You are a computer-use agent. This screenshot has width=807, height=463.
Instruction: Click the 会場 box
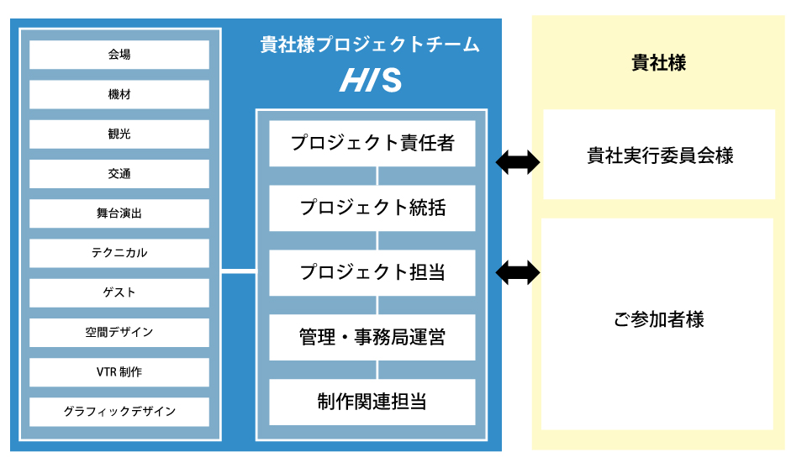(119, 55)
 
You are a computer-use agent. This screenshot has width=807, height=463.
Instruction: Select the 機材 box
(119, 94)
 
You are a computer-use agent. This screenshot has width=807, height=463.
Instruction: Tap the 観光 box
(119, 134)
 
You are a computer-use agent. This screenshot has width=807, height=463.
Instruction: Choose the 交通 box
(119, 174)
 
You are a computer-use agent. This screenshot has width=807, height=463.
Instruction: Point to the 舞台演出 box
(119, 213)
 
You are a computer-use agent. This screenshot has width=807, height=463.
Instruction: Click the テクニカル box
(119, 253)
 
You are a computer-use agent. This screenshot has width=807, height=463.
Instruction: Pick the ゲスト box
(119, 292)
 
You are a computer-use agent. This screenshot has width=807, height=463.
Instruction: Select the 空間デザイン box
(119, 332)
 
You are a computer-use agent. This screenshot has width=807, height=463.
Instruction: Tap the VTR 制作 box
(119, 372)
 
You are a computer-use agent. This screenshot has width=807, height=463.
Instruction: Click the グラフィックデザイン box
(119, 412)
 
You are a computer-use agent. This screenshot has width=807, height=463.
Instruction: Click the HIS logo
(371, 82)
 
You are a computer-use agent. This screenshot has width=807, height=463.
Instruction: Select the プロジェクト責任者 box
(372, 144)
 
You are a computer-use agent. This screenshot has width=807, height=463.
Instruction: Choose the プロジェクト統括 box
(372, 208)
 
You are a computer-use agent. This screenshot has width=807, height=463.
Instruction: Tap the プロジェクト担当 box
(372, 273)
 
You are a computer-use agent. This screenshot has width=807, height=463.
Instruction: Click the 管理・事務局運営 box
(372, 338)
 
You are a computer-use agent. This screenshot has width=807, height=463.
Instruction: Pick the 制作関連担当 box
(372, 402)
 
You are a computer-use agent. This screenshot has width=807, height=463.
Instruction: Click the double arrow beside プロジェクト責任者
(518, 162)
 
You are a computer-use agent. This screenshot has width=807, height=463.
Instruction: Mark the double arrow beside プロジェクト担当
(518, 271)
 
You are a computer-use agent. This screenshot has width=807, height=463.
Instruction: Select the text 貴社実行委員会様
(659, 155)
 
